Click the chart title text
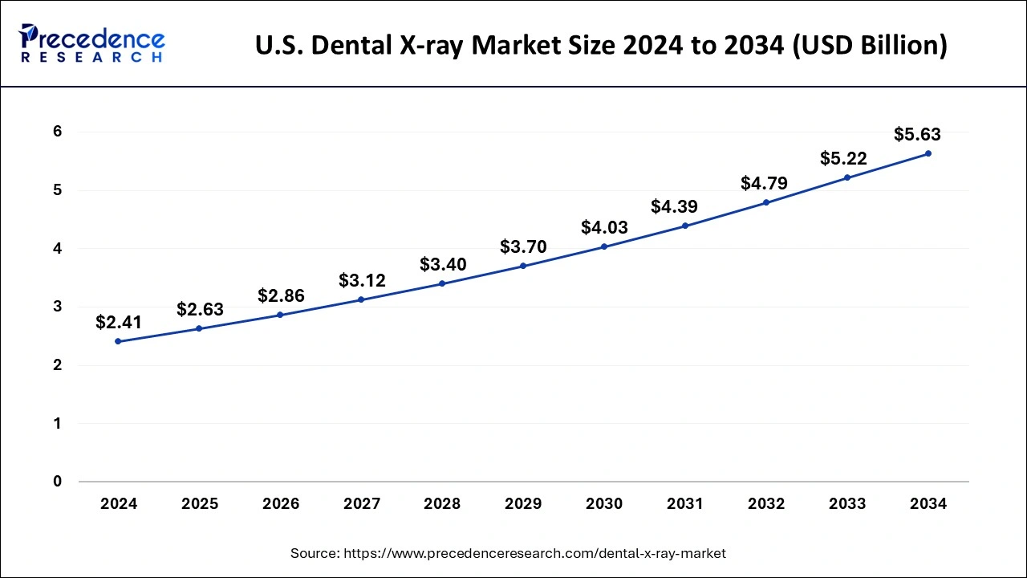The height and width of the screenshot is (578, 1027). point(601,46)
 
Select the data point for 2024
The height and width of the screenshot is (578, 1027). point(118,341)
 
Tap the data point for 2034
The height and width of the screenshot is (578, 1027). point(928,153)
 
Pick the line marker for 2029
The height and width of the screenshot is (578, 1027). point(523,266)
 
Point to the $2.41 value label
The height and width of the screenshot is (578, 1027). point(118,323)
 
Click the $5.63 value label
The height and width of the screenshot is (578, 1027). point(917,135)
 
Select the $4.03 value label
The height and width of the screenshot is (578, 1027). point(604,228)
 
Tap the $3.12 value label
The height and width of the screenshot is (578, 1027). point(362,281)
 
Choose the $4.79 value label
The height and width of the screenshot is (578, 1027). point(764,184)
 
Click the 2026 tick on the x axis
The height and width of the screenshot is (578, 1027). point(281,504)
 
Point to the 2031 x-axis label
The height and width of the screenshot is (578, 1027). point(685,504)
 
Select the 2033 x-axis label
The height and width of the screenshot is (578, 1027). point(847,504)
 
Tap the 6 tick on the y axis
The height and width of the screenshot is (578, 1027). point(57,132)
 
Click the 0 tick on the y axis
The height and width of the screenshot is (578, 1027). point(57,482)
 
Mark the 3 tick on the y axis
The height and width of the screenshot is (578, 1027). point(57,307)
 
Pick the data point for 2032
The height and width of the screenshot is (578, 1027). point(766,202)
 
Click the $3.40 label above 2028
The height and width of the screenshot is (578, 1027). point(443,265)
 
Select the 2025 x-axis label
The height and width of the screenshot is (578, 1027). point(200,504)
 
